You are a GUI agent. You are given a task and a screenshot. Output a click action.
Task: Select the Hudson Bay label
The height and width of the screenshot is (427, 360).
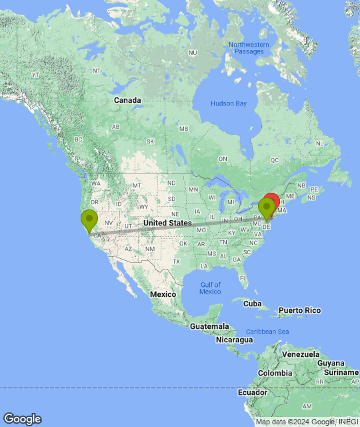229,103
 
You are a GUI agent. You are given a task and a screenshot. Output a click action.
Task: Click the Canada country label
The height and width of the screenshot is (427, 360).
127,100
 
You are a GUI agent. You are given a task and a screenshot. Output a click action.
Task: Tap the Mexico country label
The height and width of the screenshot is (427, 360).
163,294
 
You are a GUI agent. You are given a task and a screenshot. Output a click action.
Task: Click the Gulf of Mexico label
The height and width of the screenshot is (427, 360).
210,288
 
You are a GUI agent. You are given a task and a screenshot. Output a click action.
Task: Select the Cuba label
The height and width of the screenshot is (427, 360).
253,304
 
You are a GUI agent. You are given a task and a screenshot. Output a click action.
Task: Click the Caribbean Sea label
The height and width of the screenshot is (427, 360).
267,332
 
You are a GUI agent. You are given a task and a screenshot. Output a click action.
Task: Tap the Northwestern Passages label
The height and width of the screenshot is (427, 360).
248,49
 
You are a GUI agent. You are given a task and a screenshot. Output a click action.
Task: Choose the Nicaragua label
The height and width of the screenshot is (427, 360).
234,340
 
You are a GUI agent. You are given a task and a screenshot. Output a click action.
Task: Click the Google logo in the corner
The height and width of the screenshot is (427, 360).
22,419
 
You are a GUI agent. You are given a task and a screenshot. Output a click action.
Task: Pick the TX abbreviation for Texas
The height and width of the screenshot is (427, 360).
176,262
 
